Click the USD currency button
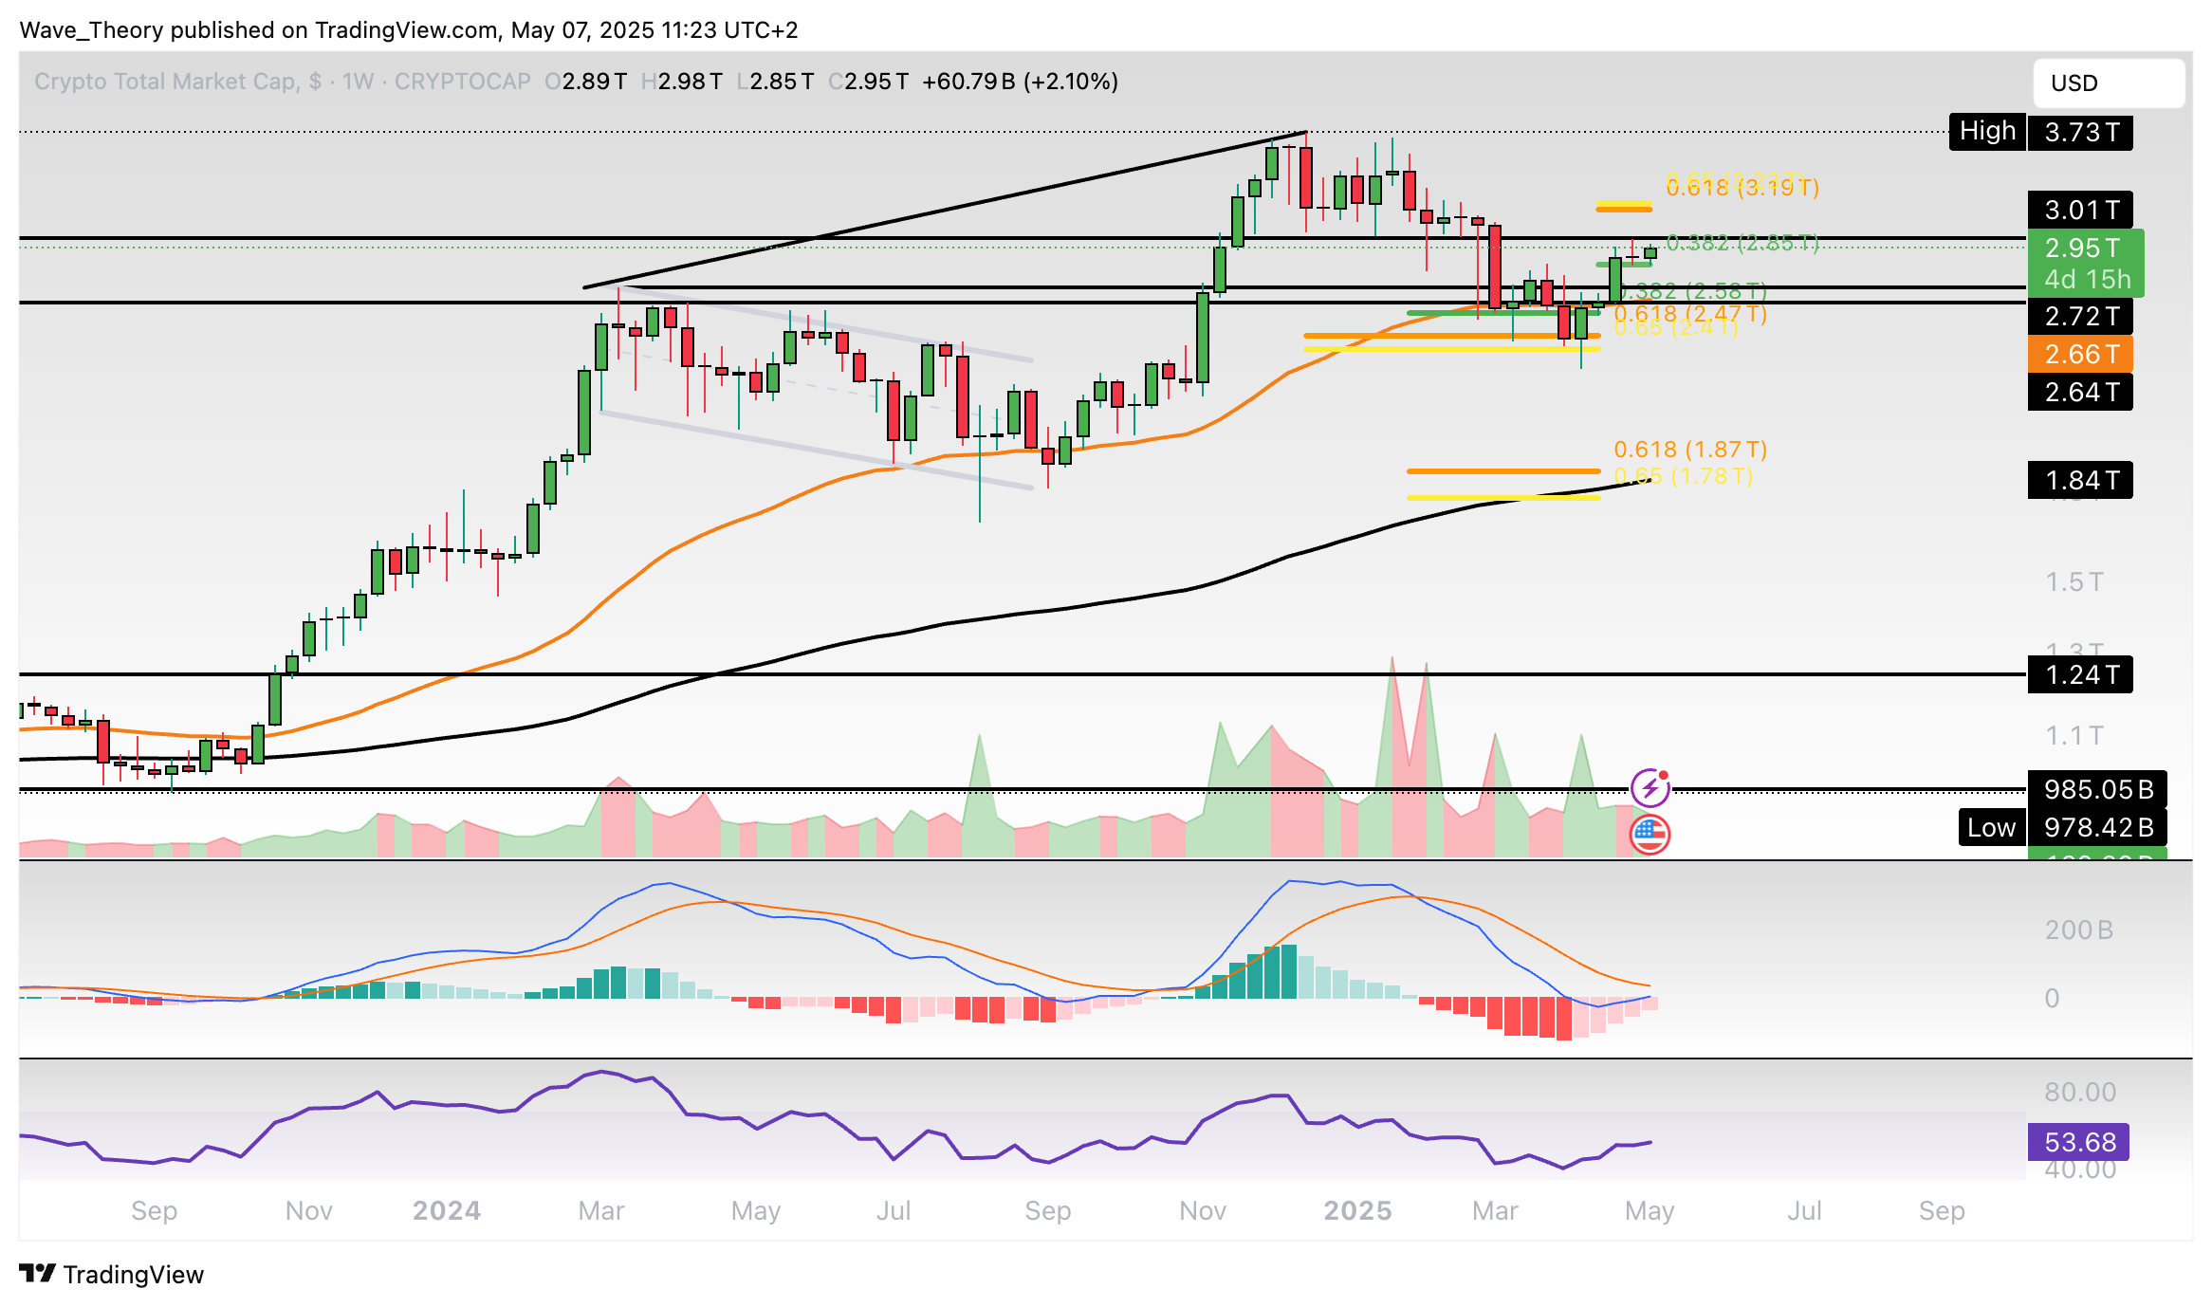[2108, 83]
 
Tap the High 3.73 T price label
[2040, 132]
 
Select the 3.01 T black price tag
[2080, 210]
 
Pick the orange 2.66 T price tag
[2080, 355]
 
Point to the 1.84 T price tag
[2080, 481]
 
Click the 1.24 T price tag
[2080, 675]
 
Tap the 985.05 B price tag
[2096, 789]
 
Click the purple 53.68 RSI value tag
[2078, 1142]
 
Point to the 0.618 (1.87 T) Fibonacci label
[1690, 450]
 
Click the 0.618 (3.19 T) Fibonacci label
[1742, 188]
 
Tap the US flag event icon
[1650, 835]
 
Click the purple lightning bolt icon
[1650, 787]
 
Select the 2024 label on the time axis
[447, 1211]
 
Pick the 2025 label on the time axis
[1357, 1211]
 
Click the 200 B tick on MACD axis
[2078, 930]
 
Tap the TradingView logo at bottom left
[112, 1274]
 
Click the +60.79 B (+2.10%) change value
[1020, 82]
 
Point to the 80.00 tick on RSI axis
[2079, 1092]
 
